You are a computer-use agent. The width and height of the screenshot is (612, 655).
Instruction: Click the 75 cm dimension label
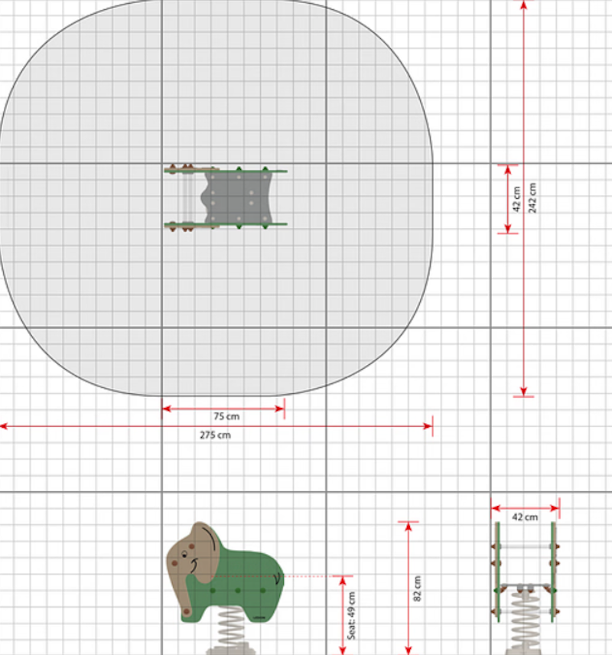click(x=226, y=416)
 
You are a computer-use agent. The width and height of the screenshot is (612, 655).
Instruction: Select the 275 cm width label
click(x=215, y=435)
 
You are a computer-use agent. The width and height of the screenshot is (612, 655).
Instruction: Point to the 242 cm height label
click(x=532, y=197)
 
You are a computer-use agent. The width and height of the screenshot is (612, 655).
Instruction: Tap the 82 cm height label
click(x=417, y=588)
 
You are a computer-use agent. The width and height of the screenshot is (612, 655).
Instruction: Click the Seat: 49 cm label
click(x=352, y=615)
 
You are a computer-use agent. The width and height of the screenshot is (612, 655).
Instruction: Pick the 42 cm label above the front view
click(x=525, y=517)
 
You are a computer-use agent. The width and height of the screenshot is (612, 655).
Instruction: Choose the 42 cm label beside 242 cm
click(x=516, y=199)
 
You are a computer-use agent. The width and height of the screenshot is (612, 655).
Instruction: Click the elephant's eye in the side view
click(x=184, y=555)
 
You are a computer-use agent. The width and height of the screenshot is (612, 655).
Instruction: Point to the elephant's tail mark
click(x=277, y=578)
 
